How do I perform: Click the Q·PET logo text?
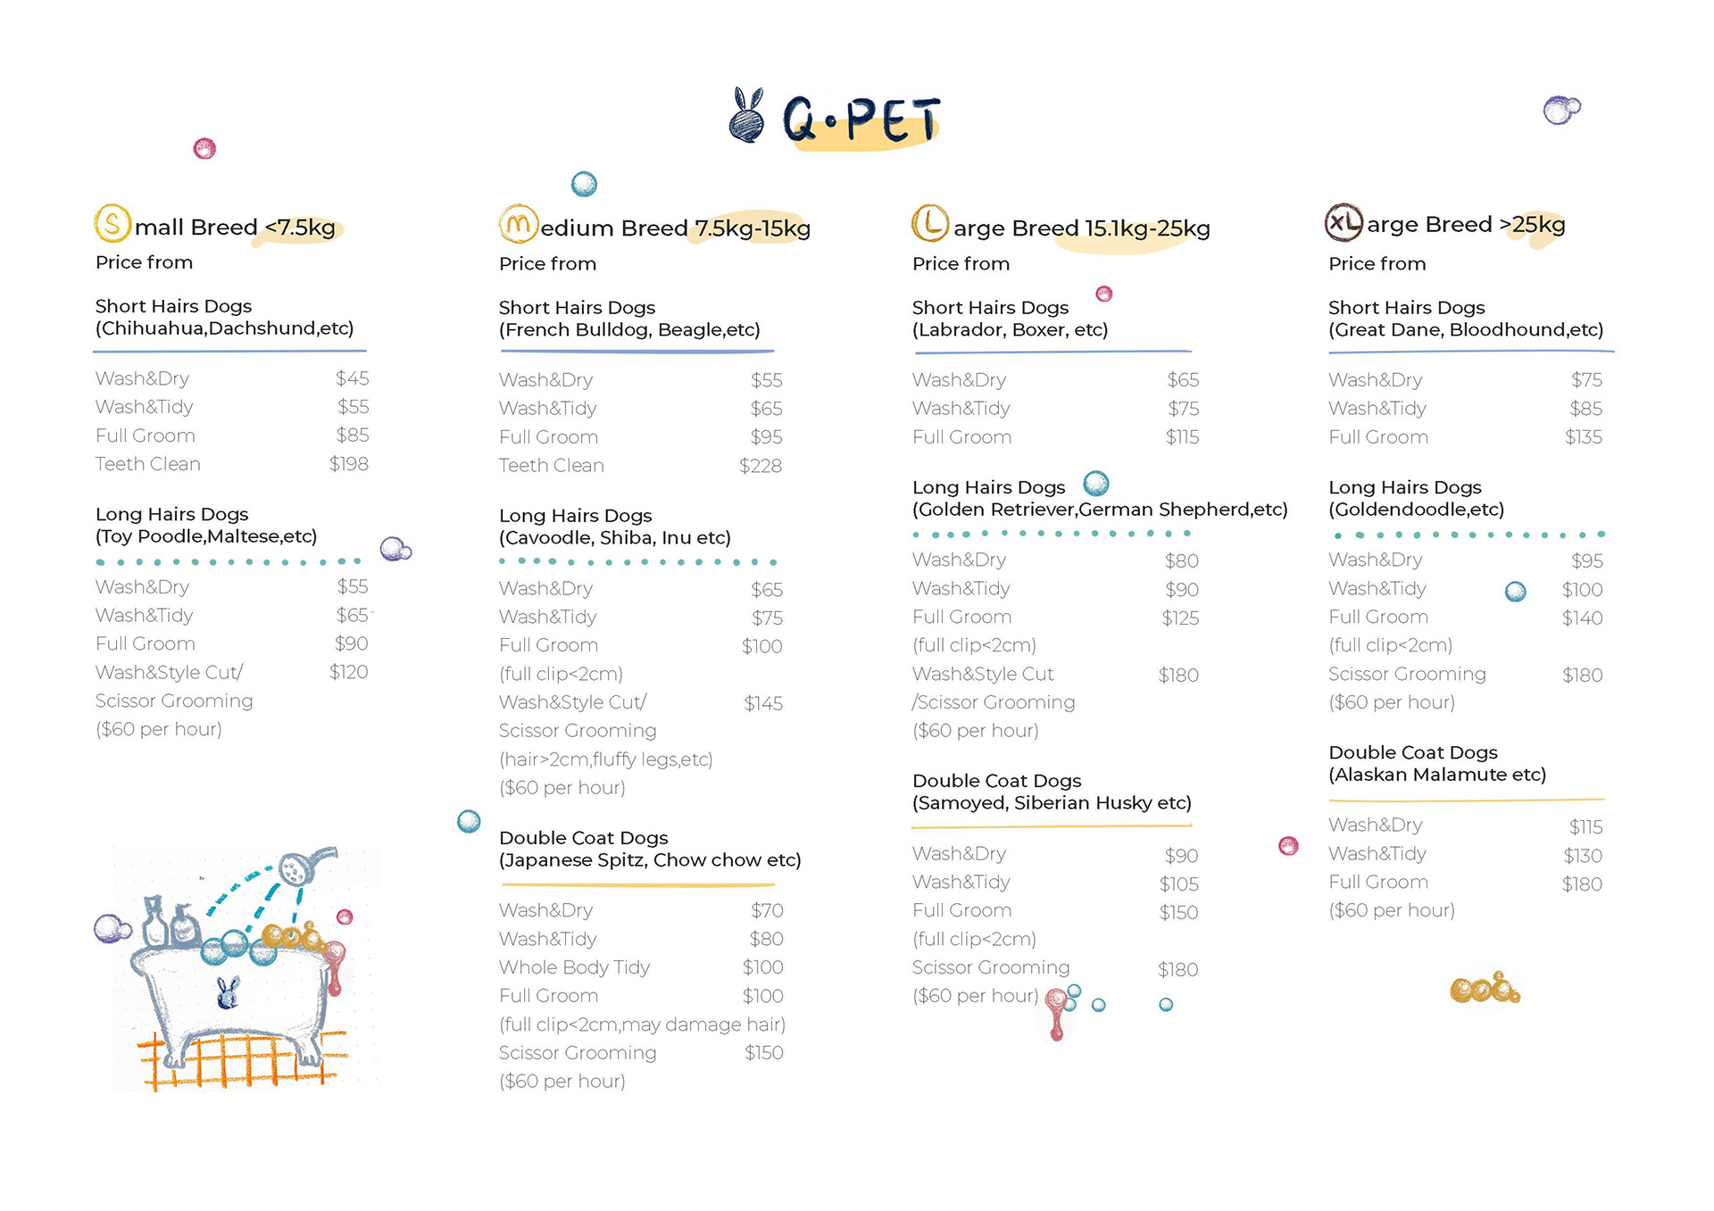pyautogui.click(x=861, y=120)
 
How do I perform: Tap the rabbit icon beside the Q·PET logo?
pyautogui.click(x=747, y=116)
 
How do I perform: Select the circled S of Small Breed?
pyautogui.click(x=112, y=223)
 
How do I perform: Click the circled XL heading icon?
pyautogui.click(x=1344, y=223)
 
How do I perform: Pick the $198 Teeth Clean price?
pyautogui.click(x=348, y=464)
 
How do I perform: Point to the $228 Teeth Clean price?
pyautogui.click(x=761, y=466)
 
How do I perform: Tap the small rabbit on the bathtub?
pyautogui.click(x=229, y=992)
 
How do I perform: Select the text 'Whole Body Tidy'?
pyautogui.click(x=574, y=967)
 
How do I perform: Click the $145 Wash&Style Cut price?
pyautogui.click(x=763, y=703)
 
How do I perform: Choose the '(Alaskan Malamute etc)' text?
pyautogui.click(x=1437, y=775)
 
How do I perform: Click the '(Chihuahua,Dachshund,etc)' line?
pyautogui.click(x=225, y=328)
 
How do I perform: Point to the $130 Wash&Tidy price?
pyautogui.click(x=1583, y=856)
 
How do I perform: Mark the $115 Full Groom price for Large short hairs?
pyautogui.click(x=1182, y=437)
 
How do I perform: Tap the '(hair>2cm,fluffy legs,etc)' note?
pyautogui.click(x=606, y=759)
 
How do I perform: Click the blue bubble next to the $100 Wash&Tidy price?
pyautogui.click(x=1515, y=592)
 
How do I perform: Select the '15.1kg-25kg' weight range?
pyautogui.click(x=1147, y=228)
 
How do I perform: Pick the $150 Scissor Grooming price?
pyautogui.click(x=764, y=1053)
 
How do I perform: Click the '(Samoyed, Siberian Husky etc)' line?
pyautogui.click(x=1052, y=803)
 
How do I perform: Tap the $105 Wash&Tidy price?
pyautogui.click(x=1178, y=884)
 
